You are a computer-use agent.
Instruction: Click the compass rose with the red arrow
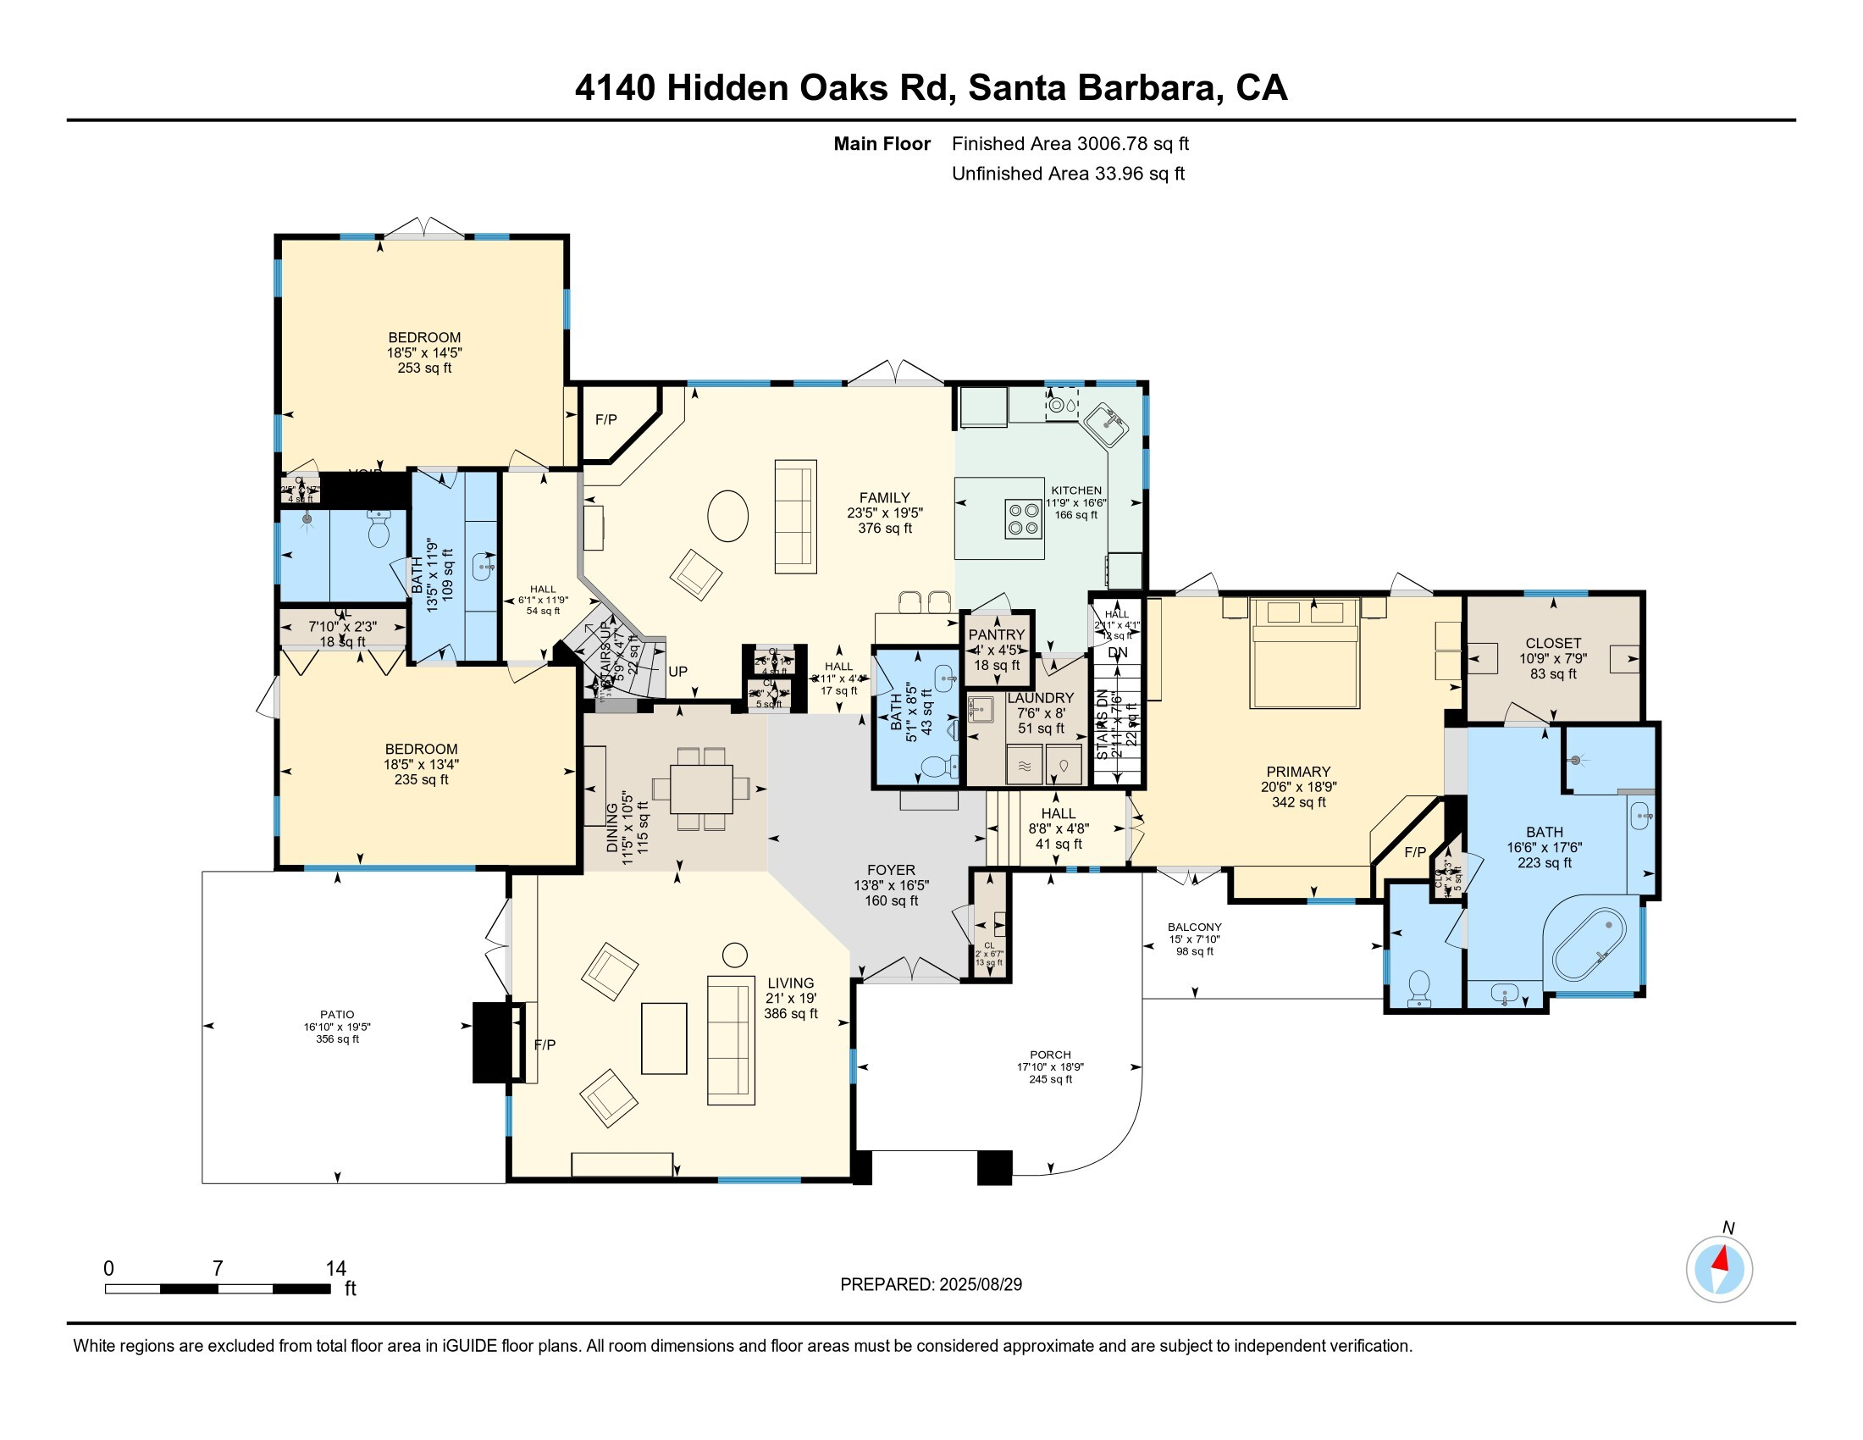(x=1719, y=1270)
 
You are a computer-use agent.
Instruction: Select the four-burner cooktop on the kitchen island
(x=1023, y=518)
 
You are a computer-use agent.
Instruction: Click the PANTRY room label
(x=997, y=634)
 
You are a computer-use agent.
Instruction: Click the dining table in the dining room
(x=701, y=789)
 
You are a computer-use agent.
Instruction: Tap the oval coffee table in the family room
(x=727, y=515)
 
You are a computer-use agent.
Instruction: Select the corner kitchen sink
(x=1108, y=424)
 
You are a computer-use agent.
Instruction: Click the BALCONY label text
(x=1194, y=927)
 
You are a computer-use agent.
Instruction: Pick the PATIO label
(x=337, y=1014)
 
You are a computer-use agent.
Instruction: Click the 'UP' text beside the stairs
(x=677, y=672)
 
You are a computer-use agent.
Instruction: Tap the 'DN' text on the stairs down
(x=1118, y=652)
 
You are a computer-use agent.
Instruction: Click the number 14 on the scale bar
(x=335, y=1269)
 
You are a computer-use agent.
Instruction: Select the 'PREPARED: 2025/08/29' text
(x=931, y=1284)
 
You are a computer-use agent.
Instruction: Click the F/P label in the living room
(x=545, y=1044)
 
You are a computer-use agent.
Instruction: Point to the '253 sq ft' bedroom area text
(x=424, y=368)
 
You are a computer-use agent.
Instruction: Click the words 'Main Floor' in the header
(x=882, y=143)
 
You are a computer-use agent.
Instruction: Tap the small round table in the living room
(x=734, y=955)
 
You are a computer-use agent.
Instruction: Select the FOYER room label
(x=891, y=870)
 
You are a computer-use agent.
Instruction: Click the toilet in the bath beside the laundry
(x=937, y=767)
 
